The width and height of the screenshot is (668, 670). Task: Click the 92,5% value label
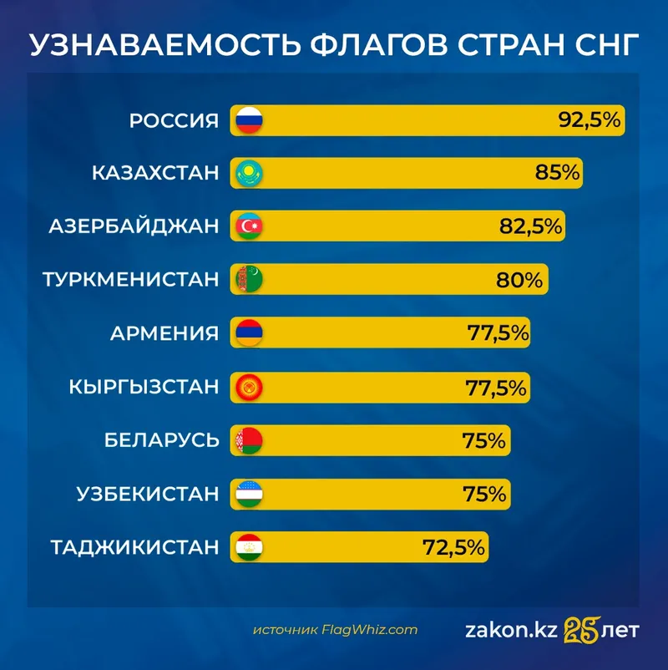pyautogui.click(x=590, y=120)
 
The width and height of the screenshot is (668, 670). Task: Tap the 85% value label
pyautogui.click(x=558, y=173)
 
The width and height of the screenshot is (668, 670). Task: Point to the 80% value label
pyautogui.click(x=519, y=279)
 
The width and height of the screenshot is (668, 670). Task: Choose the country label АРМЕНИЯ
pyautogui.click(x=164, y=333)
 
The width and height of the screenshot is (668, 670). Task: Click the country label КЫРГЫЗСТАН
pyautogui.click(x=144, y=387)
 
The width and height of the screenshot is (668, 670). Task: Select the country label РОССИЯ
pyautogui.click(x=174, y=120)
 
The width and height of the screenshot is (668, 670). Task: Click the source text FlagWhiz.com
pyautogui.click(x=370, y=630)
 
